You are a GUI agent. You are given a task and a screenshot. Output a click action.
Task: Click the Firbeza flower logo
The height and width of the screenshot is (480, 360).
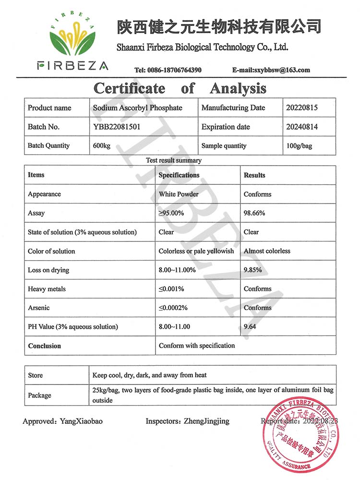72,36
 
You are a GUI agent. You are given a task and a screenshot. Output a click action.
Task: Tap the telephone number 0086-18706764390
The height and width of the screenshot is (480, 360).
174,70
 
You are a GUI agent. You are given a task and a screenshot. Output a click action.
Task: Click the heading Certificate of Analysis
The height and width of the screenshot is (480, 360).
180,88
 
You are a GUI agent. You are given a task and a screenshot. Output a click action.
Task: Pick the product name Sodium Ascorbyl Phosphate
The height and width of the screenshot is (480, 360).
138,108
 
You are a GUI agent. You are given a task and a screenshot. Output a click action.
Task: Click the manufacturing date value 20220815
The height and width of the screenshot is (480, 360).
302,108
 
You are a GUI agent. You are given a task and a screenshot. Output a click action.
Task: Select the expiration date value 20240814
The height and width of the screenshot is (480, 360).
302,127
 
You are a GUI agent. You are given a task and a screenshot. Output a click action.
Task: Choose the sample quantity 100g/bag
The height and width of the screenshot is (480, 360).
299,146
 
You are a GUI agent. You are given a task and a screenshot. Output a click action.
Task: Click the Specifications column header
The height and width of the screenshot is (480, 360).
179,175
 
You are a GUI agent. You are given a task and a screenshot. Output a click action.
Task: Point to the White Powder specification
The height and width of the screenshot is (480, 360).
179,194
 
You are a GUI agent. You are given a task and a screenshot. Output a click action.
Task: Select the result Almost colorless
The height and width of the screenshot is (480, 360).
267,251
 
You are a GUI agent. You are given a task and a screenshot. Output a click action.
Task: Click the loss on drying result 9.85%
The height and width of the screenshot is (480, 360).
252,270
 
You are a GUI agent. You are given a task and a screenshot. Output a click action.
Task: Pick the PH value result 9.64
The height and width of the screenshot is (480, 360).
251,327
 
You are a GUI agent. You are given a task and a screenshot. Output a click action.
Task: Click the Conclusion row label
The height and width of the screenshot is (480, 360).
45,346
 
